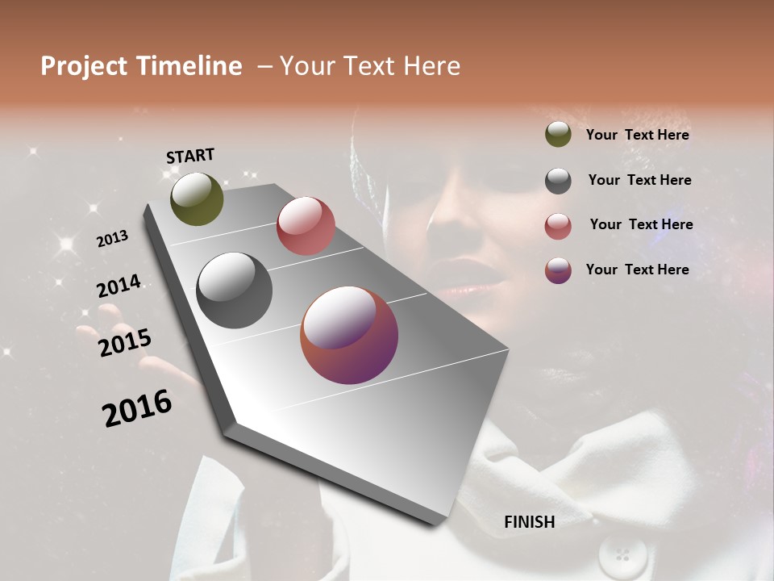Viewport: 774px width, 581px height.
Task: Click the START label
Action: (190, 156)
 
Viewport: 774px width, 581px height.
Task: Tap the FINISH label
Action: (529, 522)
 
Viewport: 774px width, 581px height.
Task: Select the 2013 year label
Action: (112, 239)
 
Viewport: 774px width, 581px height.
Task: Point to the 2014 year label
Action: (119, 286)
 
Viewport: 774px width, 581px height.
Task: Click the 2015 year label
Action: (124, 343)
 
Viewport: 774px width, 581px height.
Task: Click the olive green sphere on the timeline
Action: (197, 199)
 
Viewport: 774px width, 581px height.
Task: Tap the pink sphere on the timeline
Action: (306, 225)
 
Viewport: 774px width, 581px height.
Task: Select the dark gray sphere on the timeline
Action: (234, 290)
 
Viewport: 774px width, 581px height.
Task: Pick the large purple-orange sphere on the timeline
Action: (349, 335)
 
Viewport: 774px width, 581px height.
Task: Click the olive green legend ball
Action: (558, 135)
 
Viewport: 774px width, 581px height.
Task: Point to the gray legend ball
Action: (558, 181)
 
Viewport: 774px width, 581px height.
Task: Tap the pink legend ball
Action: (558, 226)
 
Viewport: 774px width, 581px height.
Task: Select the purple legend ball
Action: (558, 270)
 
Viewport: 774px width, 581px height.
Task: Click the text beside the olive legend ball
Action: (637, 136)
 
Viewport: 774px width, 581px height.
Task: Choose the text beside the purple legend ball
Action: (637, 270)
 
